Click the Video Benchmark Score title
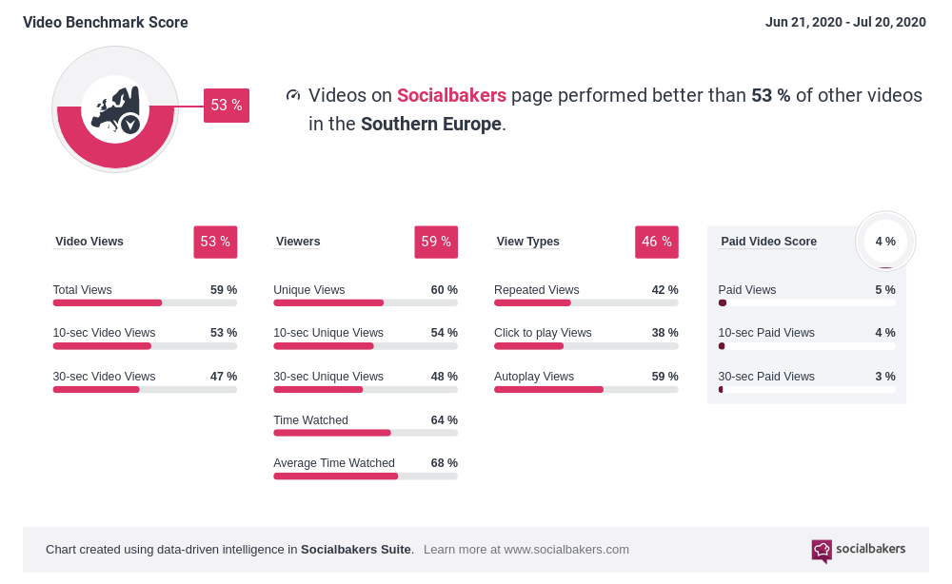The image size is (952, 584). coord(106,22)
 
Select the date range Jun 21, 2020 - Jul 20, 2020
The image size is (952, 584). coord(845,22)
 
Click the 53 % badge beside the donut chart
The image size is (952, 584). coord(226,106)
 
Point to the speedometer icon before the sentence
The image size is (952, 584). coord(293,95)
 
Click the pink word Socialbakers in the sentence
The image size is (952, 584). coord(451,96)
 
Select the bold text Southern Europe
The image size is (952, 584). coord(430,125)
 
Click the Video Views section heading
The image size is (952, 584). coord(89,242)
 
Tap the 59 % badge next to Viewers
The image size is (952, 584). coord(436,242)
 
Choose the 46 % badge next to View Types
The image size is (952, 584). coord(657,242)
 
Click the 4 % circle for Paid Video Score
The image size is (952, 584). coord(885,242)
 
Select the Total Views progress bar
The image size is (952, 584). coord(145,303)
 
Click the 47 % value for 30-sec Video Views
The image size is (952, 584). coord(224,377)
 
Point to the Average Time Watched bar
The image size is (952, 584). coord(366,476)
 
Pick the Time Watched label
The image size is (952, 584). coord(310,420)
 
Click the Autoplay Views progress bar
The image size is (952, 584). coord(585,389)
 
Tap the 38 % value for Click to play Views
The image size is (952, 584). coord(664,333)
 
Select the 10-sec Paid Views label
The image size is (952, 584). coord(766,333)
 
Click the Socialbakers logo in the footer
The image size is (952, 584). coord(859,550)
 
